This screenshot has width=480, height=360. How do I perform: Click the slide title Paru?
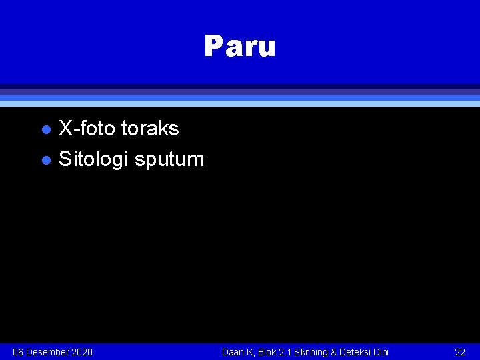(x=239, y=47)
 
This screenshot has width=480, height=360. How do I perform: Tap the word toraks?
(x=150, y=128)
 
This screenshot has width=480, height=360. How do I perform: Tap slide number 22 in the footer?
(x=460, y=352)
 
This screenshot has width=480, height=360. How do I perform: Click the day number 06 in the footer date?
(x=19, y=352)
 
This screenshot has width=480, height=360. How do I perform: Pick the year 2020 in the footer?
(x=81, y=352)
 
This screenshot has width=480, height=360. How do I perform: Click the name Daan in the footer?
(x=233, y=352)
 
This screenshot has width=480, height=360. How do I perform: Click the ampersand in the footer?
(x=333, y=352)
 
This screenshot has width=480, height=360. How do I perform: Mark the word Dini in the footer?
(x=381, y=352)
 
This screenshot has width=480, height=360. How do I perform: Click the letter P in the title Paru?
(x=213, y=47)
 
